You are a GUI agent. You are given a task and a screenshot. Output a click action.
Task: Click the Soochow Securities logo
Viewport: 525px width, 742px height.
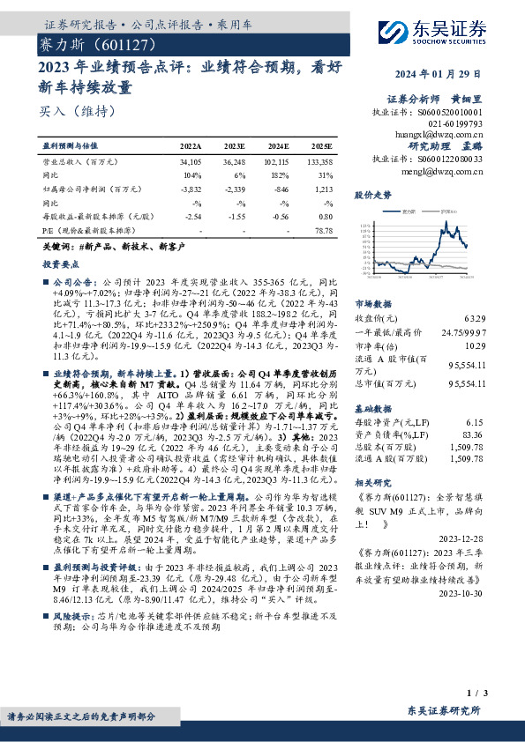(x=441, y=31)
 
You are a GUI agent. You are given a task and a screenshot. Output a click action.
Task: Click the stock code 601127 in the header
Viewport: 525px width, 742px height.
(x=124, y=42)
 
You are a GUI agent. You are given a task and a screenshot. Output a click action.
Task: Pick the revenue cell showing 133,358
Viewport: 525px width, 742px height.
(x=317, y=163)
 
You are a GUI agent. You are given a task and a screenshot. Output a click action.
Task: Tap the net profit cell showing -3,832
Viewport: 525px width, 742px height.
(x=191, y=189)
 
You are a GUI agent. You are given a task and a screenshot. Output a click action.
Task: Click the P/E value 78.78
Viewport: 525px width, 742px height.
(x=323, y=230)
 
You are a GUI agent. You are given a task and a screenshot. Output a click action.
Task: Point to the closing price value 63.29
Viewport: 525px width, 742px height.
(x=471, y=317)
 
